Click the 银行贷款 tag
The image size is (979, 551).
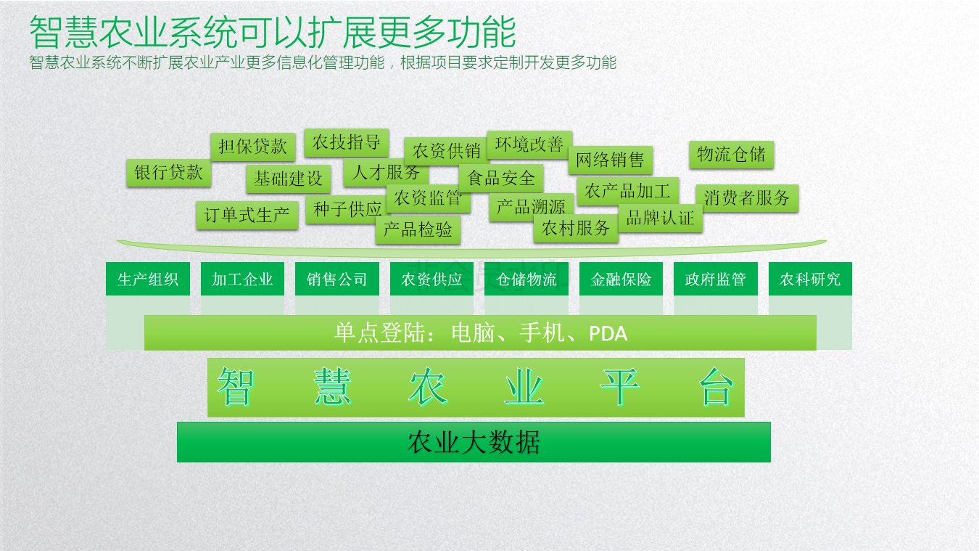(x=169, y=173)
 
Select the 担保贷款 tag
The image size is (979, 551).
(x=252, y=146)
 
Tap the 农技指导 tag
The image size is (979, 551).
(x=346, y=142)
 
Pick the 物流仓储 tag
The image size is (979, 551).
(x=731, y=154)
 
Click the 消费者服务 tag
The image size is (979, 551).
(x=746, y=197)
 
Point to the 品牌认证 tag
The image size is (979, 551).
(x=660, y=218)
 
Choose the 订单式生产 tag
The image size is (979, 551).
(x=247, y=215)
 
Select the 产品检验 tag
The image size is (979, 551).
(x=418, y=229)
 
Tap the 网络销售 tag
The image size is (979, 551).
(x=610, y=160)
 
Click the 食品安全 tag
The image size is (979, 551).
(x=501, y=178)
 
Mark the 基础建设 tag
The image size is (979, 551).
(x=288, y=179)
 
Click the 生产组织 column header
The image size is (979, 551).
(x=148, y=279)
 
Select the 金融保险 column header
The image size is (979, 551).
(x=621, y=279)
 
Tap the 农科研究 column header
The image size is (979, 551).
(x=810, y=279)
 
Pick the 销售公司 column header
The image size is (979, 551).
(x=337, y=279)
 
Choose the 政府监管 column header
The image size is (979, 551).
(x=716, y=279)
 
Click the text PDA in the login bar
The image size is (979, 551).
(x=608, y=334)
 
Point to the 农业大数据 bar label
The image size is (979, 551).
(x=474, y=442)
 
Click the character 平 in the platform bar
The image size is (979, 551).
(x=620, y=388)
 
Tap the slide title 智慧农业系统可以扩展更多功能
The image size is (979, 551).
(x=273, y=32)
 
